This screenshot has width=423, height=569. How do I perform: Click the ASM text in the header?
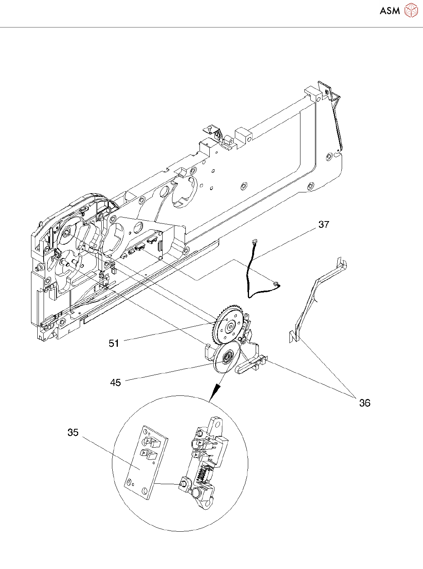click(390, 11)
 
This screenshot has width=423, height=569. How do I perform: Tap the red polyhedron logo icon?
click(411, 11)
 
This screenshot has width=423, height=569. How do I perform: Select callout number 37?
click(323, 225)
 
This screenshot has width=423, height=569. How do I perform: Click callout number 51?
click(114, 343)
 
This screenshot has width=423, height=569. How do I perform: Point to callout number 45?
click(115, 382)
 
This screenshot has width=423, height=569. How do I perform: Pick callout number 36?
click(365, 403)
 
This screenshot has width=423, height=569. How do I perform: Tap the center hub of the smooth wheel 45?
click(227, 356)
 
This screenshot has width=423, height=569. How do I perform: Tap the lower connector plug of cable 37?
click(276, 284)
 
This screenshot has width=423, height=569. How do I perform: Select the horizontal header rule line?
click(211, 27)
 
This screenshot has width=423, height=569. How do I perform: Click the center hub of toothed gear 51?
click(229, 327)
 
